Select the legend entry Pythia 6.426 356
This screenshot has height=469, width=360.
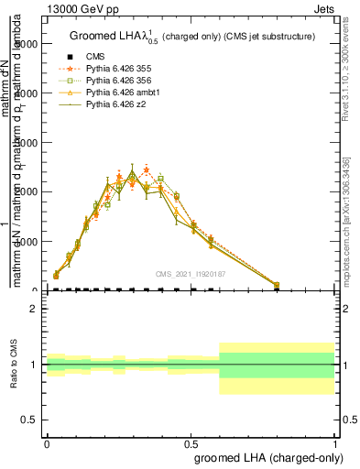coord(116,81)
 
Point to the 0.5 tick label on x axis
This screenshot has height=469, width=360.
coord(191,442)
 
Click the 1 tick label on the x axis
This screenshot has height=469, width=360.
coord(335,442)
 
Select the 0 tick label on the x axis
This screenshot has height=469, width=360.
coord(47,442)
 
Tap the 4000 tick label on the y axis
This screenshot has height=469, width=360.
coord(26,93)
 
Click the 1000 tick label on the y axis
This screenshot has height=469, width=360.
coord(26,242)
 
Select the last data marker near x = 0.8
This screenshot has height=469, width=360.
coord(277,285)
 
